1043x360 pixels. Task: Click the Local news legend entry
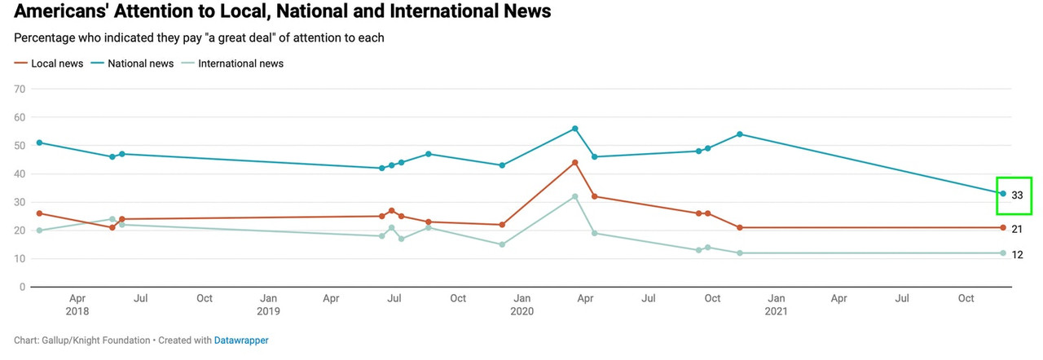(x=56, y=64)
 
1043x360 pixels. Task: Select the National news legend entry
(x=139, y=64)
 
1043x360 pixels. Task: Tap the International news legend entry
(x=240, y=64)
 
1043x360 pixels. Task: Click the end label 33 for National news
(x=1017, y=195)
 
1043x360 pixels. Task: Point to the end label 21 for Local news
(x=1017, y=230)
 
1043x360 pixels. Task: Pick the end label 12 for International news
(x=1017, y=255)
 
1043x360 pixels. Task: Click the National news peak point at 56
(x=575, y=129)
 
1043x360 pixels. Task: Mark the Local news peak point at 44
(x=575, y=163)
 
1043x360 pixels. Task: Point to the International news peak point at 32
(x=575, y=196)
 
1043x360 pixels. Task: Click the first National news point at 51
(x=39, y=143)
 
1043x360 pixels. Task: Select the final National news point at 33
(x=1003, y=193)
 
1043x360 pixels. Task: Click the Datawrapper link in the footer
(x=241, y=340)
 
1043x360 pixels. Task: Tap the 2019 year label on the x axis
(x=268, y=311)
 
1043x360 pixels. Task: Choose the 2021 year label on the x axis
(x=776, y=311)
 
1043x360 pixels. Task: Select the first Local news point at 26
(x=39, y=213)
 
